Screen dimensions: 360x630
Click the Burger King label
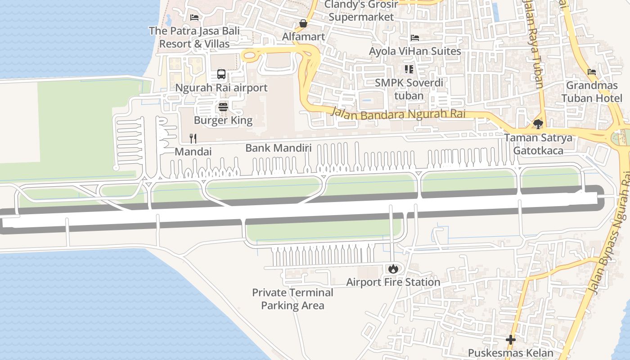click(223, 120)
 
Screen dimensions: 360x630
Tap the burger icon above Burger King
click(223, 107)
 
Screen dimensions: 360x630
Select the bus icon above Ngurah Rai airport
click(221, 74)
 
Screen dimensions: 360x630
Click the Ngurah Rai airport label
click(221, 88)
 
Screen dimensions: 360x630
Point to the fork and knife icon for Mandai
click(193, 138)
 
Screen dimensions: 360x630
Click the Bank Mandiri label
click(278, 148)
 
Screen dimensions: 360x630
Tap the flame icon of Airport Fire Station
click(393, 269)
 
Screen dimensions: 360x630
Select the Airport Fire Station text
click(393, 282)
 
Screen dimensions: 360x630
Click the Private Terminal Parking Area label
click(292, 299)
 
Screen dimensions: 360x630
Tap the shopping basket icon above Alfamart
click(303, 23)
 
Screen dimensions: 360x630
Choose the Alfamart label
click(303, 36)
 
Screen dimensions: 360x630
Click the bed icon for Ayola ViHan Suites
click(415, 38)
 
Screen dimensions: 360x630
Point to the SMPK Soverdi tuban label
click(409, 89)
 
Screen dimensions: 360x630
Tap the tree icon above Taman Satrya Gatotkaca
click(538, 124)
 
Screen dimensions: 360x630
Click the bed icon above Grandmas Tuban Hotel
click(592, 72)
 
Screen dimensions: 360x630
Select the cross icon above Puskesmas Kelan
click(511, 339)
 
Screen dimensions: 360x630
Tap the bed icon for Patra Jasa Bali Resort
click(194, 18)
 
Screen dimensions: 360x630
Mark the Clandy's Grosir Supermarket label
click(361, 10)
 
